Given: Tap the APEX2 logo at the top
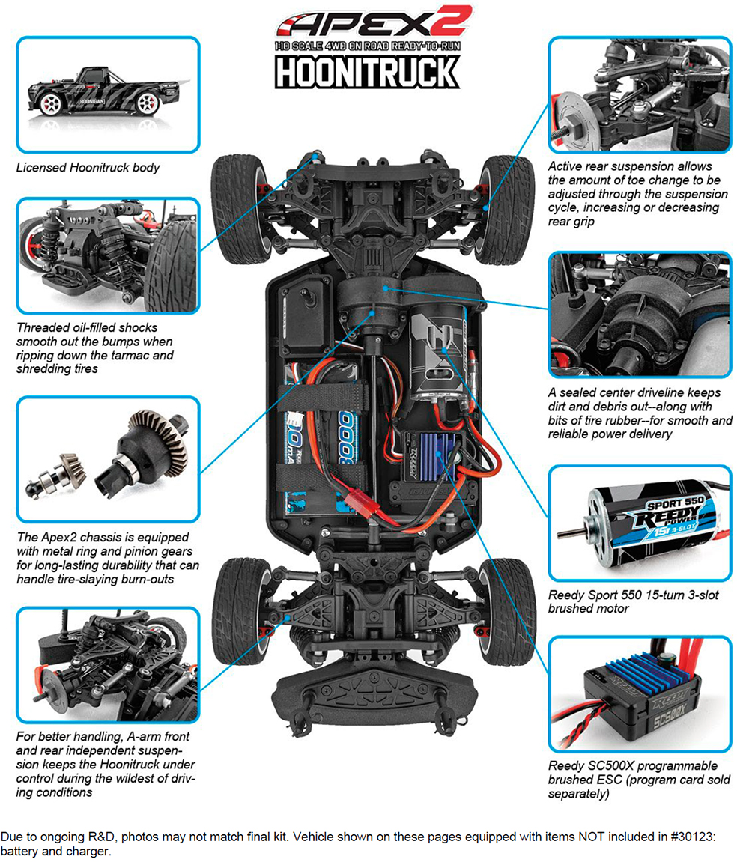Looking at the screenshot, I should click(372, 22).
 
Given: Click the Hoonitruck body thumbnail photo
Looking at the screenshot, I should click(109, 94).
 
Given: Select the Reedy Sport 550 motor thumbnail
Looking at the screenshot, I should click(639, 522).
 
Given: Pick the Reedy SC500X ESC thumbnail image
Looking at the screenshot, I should click(639, 693).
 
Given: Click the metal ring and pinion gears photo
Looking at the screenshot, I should click(109, 458).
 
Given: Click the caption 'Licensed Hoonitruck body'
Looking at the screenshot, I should click(88, 168).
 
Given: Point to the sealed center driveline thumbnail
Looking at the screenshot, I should click(639, 315).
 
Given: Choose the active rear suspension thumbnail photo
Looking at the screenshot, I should click(639, 94).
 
